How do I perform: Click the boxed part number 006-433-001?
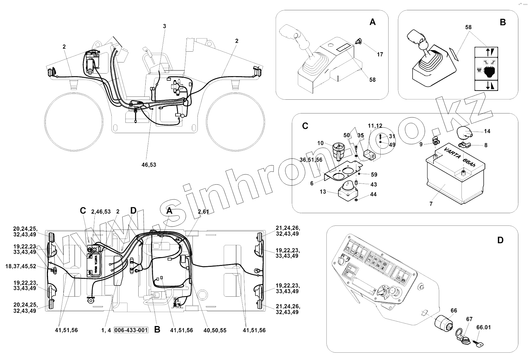click(x=131, y=330)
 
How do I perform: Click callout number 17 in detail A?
click(x=380, y=54)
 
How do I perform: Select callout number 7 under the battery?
click(x=431, y=204)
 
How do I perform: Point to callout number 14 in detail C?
click(x=487, y=131)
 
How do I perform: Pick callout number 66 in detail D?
click(x=454, y=310)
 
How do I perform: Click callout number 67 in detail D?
click(x=469, y=319)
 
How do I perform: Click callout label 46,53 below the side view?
click(x=149, y=165)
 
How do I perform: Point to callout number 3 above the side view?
click(x=164, y=26)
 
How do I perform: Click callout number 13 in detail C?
click(x=323, y=192)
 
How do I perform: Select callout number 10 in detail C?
click(x=320, y=143)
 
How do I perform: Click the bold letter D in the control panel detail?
click(x=500, y=240)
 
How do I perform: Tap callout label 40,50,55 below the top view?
click(x=215, y=330)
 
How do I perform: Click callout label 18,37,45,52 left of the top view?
click(x=21, y=266)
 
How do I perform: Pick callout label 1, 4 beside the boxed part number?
click(x=106, y=330)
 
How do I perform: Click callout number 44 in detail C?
click(x=373, y=194)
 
